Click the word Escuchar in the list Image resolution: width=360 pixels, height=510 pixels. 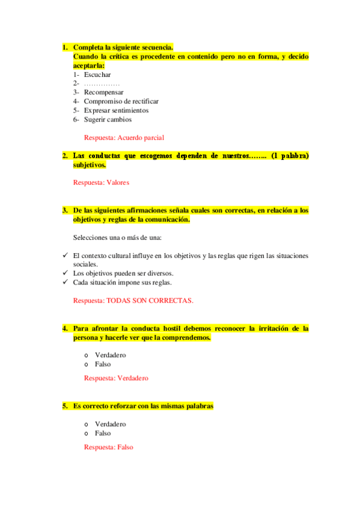pos(97,75)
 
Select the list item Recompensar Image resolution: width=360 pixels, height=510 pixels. pos(103,93)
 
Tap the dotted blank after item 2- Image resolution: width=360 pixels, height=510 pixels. pos(102,84)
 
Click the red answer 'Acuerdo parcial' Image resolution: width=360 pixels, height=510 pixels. pos(141,138)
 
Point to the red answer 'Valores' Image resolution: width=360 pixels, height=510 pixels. pos(118,182)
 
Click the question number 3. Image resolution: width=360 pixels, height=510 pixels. pos(64,210)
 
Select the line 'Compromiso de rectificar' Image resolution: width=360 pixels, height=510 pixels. pos(121,102)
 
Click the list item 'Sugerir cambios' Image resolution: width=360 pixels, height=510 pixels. pos(108,119)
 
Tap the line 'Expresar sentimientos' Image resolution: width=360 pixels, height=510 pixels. pos(116,111)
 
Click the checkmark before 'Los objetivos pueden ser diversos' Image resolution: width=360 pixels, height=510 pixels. pos(66,273)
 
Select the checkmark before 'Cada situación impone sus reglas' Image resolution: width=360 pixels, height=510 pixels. pos(66,282)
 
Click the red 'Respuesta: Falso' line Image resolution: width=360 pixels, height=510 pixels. pos(108,447)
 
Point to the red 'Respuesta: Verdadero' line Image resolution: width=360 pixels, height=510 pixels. pos(116,378)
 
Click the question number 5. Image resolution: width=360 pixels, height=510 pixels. pos(64,407)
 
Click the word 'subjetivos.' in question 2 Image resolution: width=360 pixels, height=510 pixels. pos(90,165)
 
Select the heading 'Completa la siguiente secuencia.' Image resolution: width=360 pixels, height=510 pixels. pos(123,48)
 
